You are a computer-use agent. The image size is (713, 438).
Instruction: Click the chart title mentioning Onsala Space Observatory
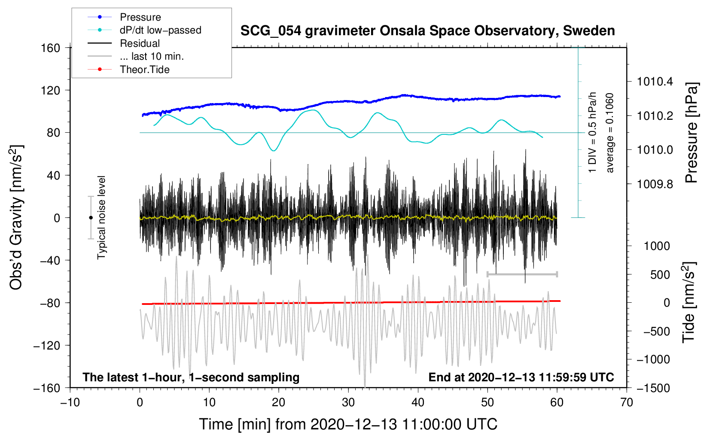point(427,31)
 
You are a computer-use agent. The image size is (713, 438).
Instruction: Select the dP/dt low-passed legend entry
point(160,30)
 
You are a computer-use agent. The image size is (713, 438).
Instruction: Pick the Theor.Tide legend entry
point(144,70)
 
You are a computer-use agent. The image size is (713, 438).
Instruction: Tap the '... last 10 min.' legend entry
point(152,56)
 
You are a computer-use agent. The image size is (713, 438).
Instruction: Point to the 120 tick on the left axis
point(51,90)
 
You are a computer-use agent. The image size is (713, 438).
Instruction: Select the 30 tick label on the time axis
point(348,402)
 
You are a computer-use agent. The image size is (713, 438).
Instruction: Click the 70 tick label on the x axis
point(627,402)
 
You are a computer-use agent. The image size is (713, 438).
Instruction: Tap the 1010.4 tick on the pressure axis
point(655,82)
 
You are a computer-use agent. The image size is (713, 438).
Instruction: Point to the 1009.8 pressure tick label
point(655,184)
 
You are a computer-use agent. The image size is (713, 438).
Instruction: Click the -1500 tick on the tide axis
point(653,388)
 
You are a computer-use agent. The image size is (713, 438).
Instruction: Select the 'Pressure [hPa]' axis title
point(691,133)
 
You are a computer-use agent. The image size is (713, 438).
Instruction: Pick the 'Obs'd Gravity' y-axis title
point(16,217)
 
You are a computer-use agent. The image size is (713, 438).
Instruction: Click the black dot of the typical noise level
point(91,218)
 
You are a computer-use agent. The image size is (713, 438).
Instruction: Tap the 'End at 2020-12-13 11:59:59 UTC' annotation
point(521,377)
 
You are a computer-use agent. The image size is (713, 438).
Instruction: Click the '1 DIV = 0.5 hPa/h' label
point(593,132)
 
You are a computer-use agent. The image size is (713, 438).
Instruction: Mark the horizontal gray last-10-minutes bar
point(522,274)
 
